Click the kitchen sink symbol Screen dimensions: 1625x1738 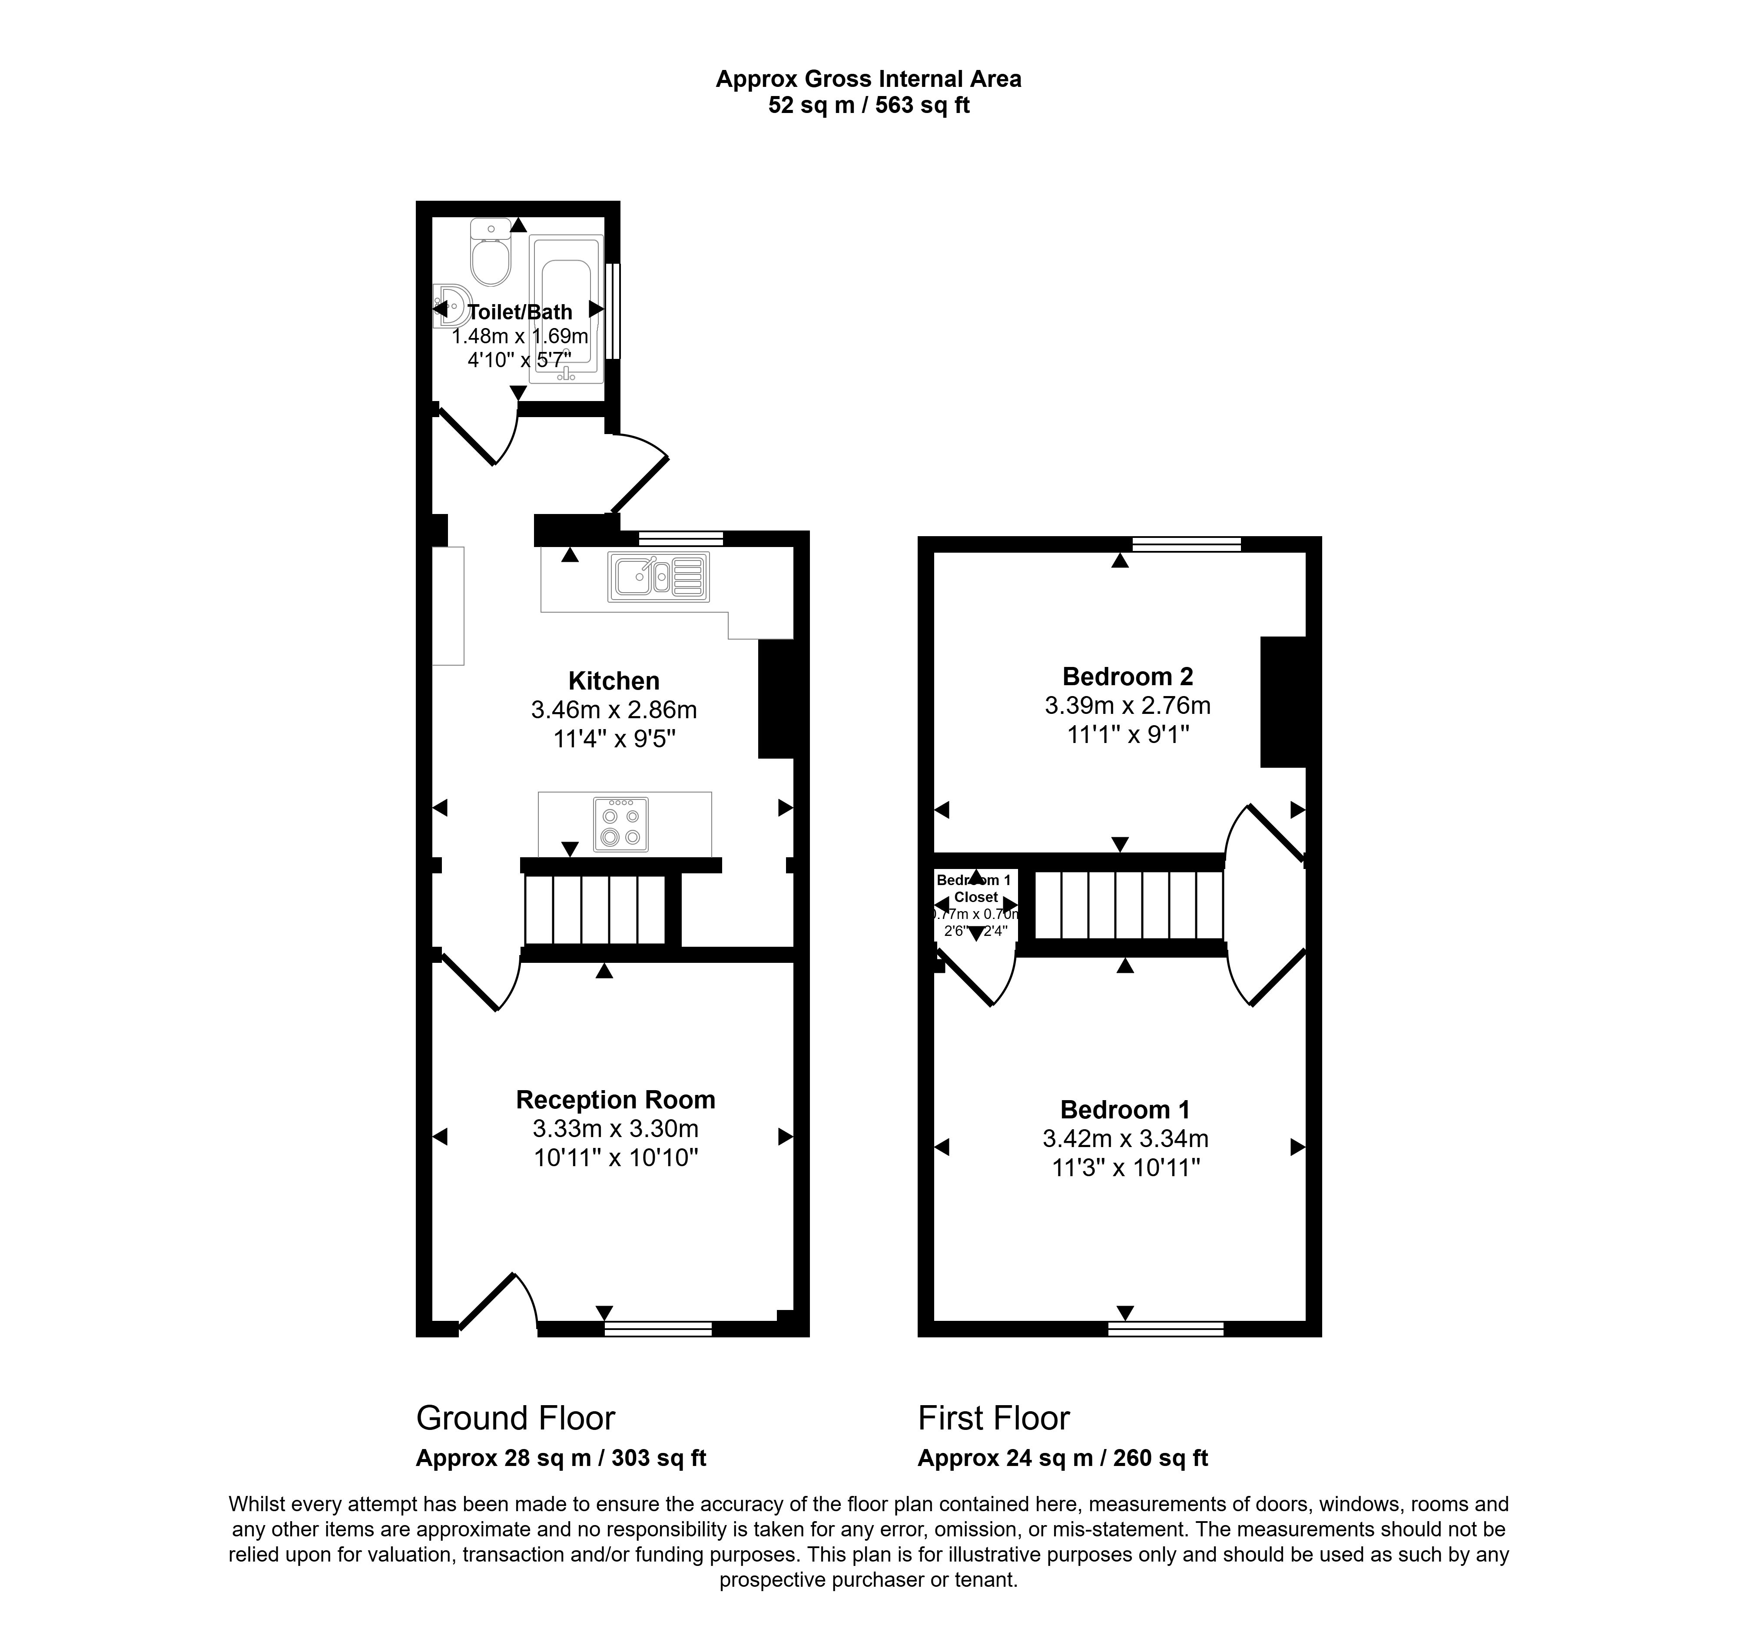coord(658,576)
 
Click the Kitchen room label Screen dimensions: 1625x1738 coord(614,681)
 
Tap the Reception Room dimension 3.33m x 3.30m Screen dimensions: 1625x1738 coord(615,1128)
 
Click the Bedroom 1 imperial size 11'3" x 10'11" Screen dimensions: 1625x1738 coord(1125,1168)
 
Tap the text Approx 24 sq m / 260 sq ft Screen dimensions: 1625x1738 coord(1062,1458)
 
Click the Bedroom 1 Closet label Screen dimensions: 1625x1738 coord(975,889)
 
